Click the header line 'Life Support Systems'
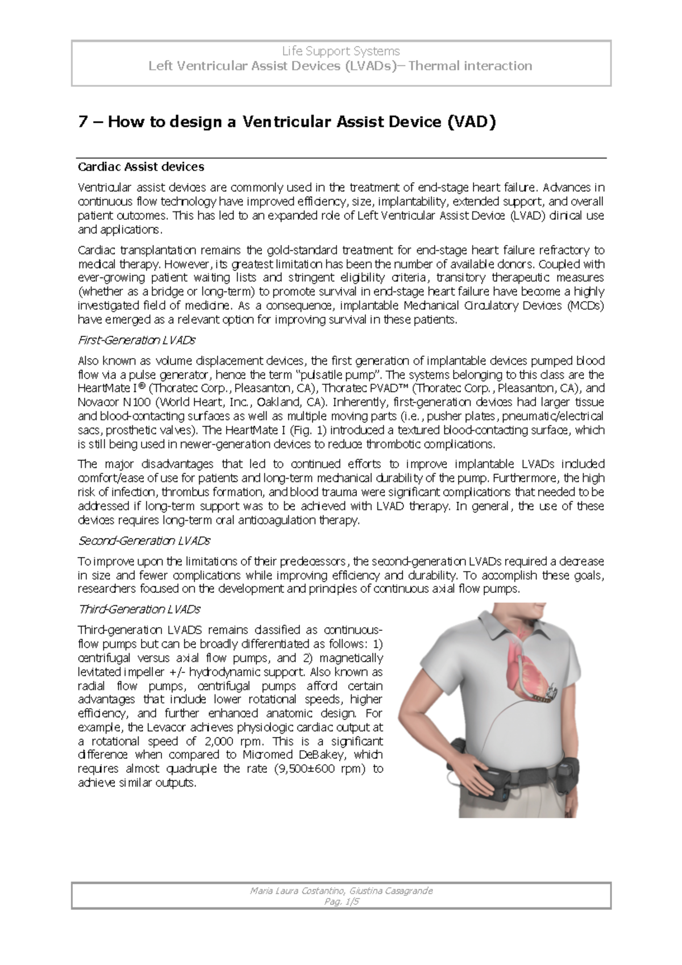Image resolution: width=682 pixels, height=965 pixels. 341,51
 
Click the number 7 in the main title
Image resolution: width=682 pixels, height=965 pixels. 82,122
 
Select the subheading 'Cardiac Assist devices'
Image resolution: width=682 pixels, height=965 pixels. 140,167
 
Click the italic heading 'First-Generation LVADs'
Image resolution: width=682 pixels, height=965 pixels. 136,340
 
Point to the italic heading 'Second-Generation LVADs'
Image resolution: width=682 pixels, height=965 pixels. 144,540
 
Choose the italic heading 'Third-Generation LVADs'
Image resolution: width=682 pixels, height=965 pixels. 139,609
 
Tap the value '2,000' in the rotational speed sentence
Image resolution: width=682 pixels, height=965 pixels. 213,741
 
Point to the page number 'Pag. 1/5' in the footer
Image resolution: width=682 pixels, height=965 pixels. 341,901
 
